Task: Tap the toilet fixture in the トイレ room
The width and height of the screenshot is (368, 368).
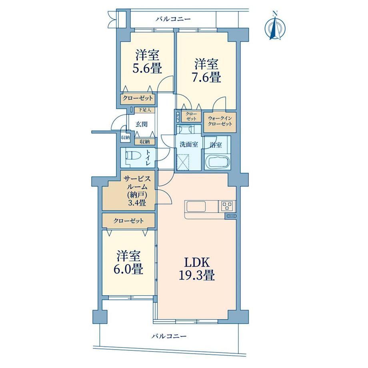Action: pyautogui.click(x=133, y=156)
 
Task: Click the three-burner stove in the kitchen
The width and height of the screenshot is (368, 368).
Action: pyautogui.click(x=227, y=206)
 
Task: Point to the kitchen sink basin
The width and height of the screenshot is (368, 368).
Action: pyautogui.click(x=196, y=206)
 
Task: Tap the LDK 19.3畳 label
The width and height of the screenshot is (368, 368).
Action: pyautogui.click(x=197, y=269)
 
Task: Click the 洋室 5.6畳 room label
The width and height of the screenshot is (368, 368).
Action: pyautogui.click(x=147, y=62)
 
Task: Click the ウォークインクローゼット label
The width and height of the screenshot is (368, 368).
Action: pyautogui.click(x=220, y=121)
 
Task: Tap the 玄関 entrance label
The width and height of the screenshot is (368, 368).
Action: pyautogui.click(x=141, y=124)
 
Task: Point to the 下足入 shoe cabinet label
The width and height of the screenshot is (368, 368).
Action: pyautogui.click(x=145, y=110)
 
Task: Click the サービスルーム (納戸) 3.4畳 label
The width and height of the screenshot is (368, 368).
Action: pyautogui.click(x=138, y=191)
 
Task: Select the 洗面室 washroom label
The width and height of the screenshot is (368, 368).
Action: pyautogui.click(x=189, y=144)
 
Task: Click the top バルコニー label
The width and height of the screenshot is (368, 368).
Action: pyautogui.click(x=173, y=19)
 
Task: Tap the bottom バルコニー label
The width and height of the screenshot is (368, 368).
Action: pyautogui.click(x=168, y=336)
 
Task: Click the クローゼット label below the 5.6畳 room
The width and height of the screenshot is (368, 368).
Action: pyautogui.click(x=138, y=98)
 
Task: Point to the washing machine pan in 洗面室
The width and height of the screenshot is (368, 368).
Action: pyautogui.click(x=182, y=162)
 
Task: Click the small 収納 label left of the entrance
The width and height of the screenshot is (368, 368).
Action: pyautogui.click(x=125, y=138)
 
